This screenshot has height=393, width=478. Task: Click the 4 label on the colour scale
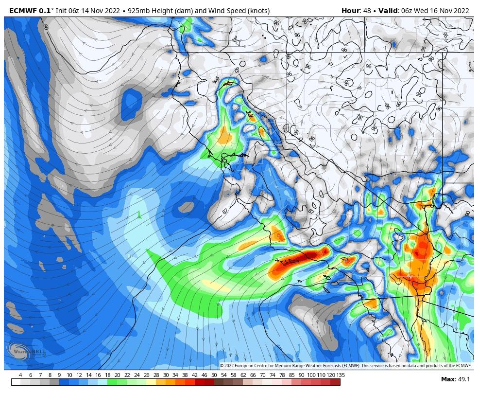20,375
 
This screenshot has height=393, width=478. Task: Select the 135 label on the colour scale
334,375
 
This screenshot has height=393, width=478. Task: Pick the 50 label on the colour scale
214,375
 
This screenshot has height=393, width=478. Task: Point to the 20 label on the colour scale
117,375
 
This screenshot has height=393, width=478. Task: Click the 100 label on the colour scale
310,375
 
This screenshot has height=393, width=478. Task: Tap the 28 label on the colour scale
156,375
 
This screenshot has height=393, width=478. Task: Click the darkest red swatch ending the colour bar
335,382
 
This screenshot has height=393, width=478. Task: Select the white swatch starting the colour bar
16,382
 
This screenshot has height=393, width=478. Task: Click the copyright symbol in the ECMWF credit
222,365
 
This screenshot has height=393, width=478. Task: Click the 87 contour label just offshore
225,211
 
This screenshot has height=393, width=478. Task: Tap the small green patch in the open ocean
139,214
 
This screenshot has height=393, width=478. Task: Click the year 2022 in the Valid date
460,11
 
